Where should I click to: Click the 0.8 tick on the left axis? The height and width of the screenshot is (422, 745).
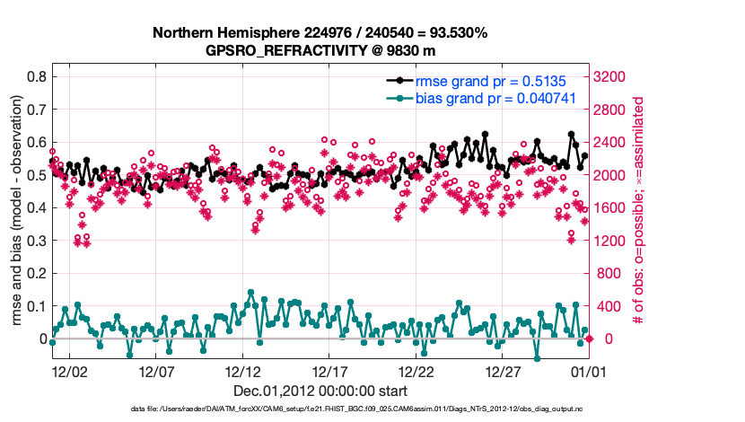tap(36, 77)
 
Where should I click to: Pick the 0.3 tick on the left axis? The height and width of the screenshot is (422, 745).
tap(36, 241)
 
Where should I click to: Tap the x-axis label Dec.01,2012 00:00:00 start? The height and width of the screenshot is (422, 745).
tap(320, 391)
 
